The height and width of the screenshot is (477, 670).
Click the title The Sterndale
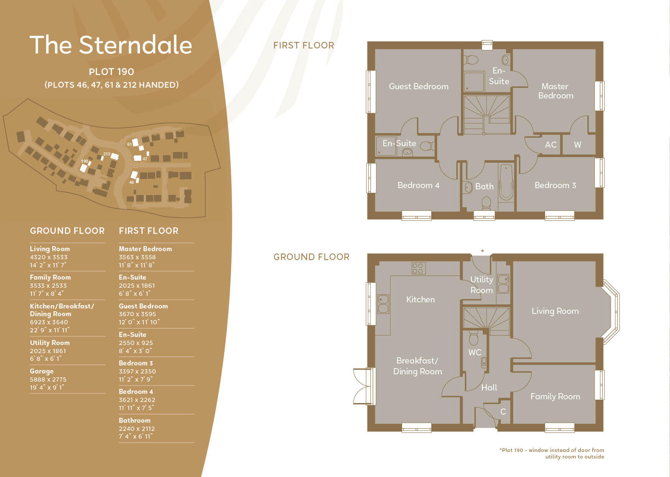111,45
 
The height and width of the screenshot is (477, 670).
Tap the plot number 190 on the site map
85,161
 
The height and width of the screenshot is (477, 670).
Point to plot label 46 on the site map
131,182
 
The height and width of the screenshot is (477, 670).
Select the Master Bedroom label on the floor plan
555,91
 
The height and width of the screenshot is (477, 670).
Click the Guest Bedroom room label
419,87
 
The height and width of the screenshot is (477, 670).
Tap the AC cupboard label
550,145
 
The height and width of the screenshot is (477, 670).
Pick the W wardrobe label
577,145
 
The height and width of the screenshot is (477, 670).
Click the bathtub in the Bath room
506,182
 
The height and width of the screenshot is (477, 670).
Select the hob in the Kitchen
418,268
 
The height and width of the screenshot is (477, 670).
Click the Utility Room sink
503,284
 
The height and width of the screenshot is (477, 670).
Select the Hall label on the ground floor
489,388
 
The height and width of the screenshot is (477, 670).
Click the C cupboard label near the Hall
503,412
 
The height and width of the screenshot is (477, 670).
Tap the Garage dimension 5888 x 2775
48,379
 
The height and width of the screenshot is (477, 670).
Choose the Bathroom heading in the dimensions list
135,420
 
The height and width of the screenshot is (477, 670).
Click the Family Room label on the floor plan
555,397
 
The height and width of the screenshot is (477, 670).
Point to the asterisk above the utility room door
482,251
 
